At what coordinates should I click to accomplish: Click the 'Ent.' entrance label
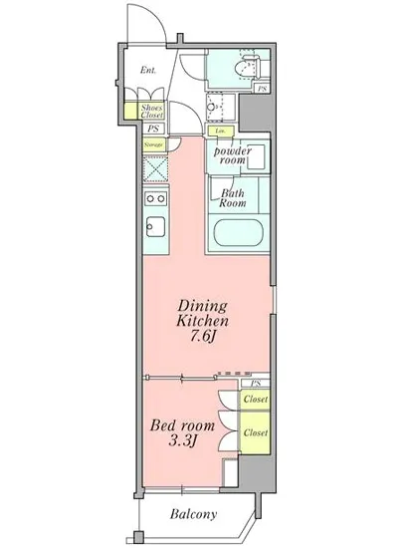pyautogui.click(x=148, y=71)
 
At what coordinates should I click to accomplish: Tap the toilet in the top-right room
pyautogui.click(x=239, y=69)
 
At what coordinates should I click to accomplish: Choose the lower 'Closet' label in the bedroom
pyautogui.click(x=256, y=434)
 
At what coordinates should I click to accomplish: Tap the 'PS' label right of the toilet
pyautogui.click(x=262, y=90)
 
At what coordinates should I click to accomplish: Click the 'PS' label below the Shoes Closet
pyautogui.click(x=152, y=129)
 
